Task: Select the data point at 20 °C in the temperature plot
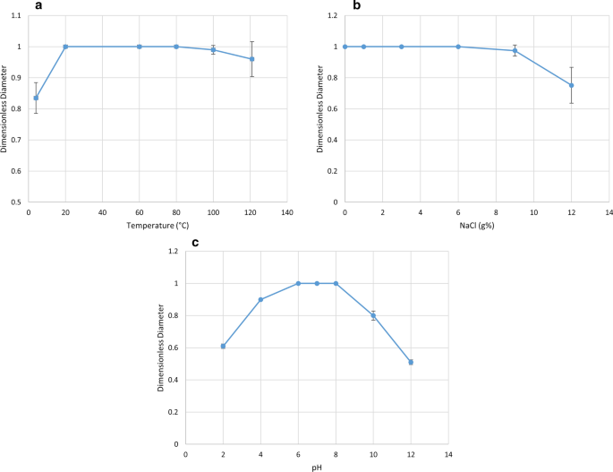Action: pos(65,47)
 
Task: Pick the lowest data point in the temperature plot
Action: pos(36,98)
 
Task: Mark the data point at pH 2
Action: pos(223,346)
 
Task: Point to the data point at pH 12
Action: pos(411,362)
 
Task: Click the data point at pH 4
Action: pos(260,299)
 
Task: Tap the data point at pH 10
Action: pos(373,315)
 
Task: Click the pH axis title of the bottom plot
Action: pos(317,466)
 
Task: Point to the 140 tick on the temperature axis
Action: pos(288,212)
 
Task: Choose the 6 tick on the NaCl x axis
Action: pos(458,212)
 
